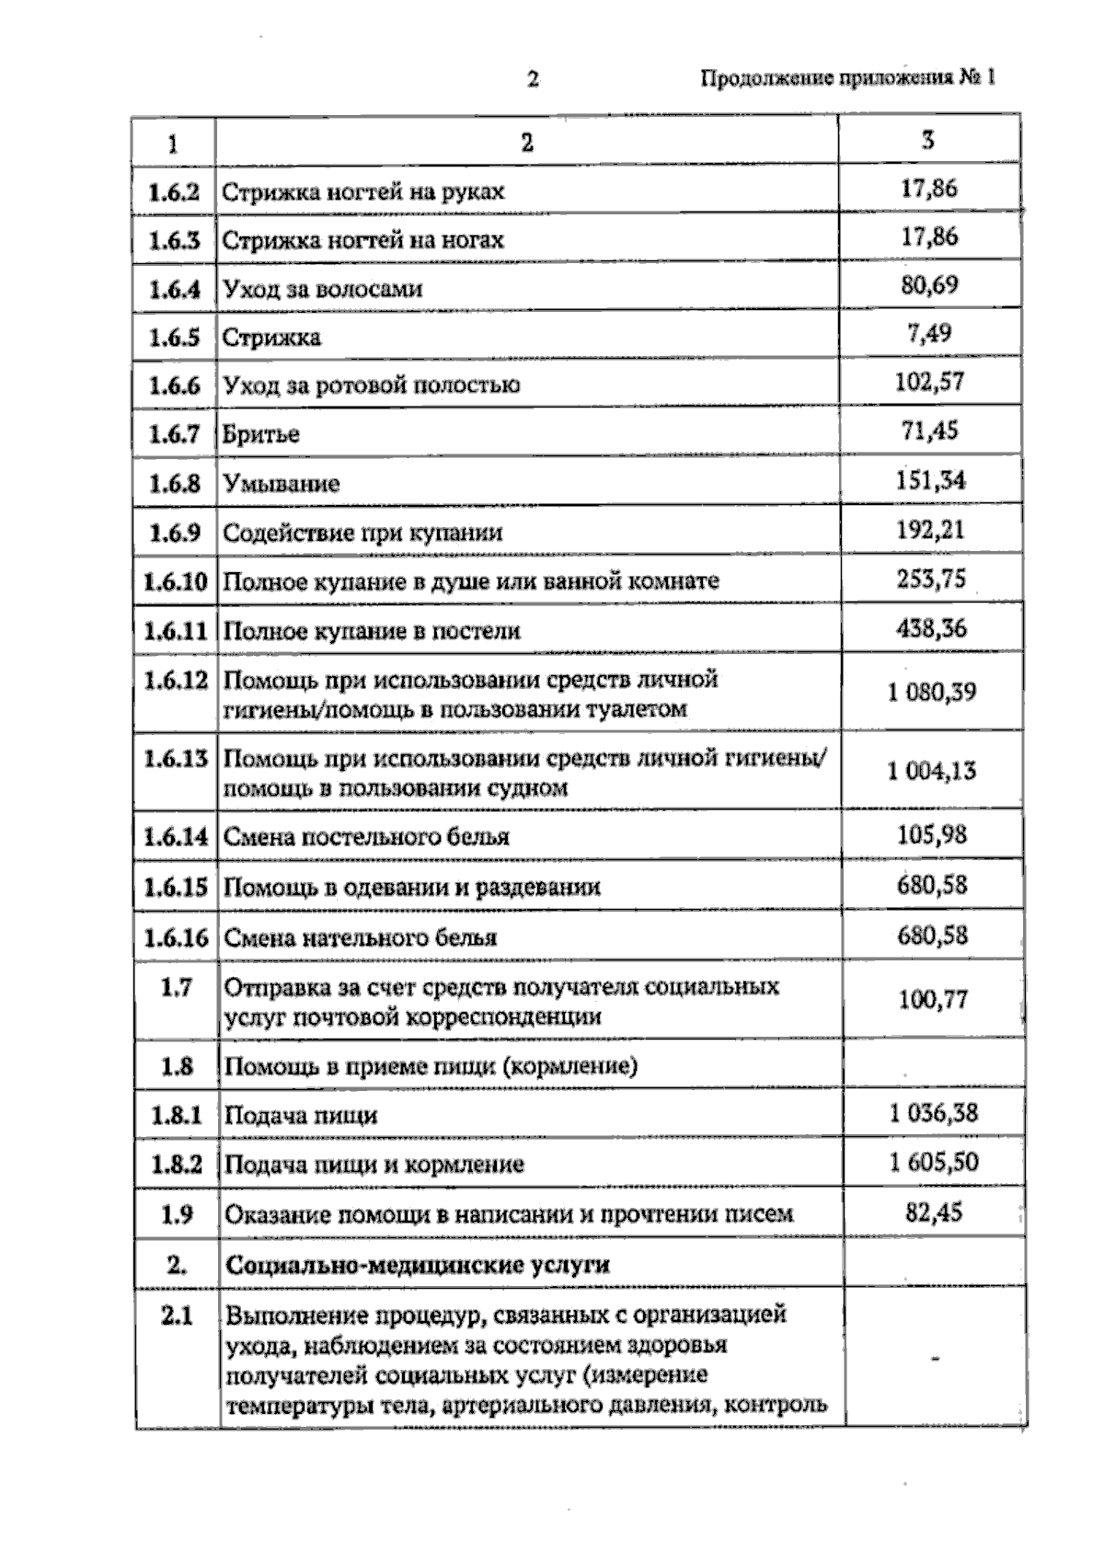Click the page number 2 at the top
pos(533,79)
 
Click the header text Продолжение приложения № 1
pos(847,77)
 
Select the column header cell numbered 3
pos(928,140)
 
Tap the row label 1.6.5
pos(174,337)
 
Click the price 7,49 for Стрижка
pos(929,333)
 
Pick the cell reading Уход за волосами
pos(323,289)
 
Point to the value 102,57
pos(929,382)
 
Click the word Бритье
pos(261,434)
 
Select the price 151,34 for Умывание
pos(930,480)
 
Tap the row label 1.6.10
pos(176,581)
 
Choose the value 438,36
pos(931,628)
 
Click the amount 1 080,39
pos(931,692)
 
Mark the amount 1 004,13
pos(931,771)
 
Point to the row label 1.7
pos(176,987)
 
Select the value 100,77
pos(933,999)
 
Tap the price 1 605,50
pos(933,1162)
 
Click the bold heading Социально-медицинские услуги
pos(417,1264)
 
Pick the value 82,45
pos(933,1212)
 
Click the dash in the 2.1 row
pos(935,1358)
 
